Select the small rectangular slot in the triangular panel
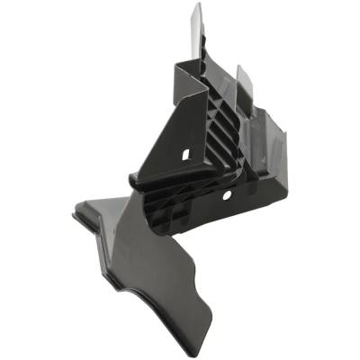[185, 155]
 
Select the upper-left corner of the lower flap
[76, 214]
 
